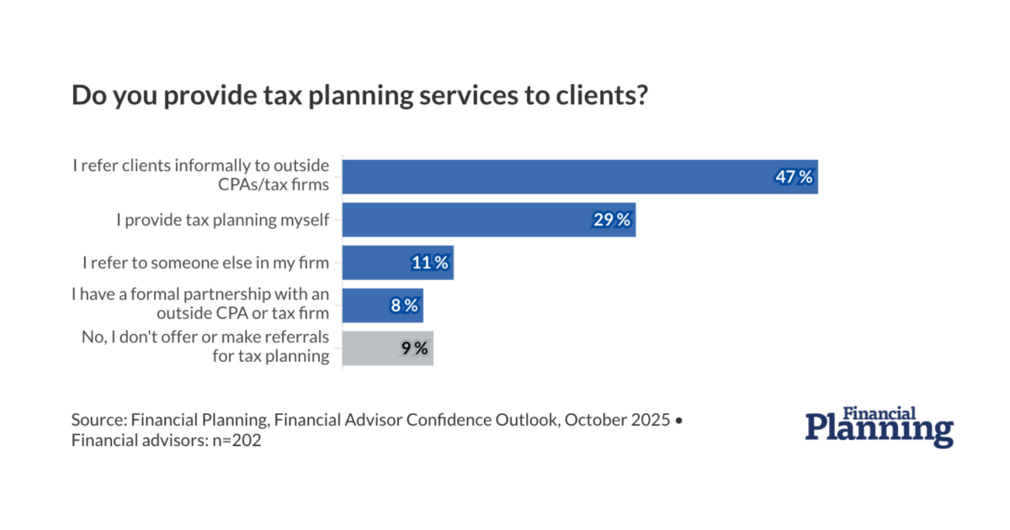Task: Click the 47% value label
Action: pyautogui.click(x=794, y=177)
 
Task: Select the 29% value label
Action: pyautogui.click(x=611, y=220)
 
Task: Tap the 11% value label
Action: pyautogui.click(x=429, y=262)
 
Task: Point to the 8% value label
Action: pyautogui.click(x=404, y=305)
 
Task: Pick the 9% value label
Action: pyautogui.click(x=414, y=347)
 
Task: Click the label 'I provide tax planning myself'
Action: pyautogui.click(x=222, y=220)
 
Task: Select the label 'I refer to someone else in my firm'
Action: pyautogui.click(x=206, y=262)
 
